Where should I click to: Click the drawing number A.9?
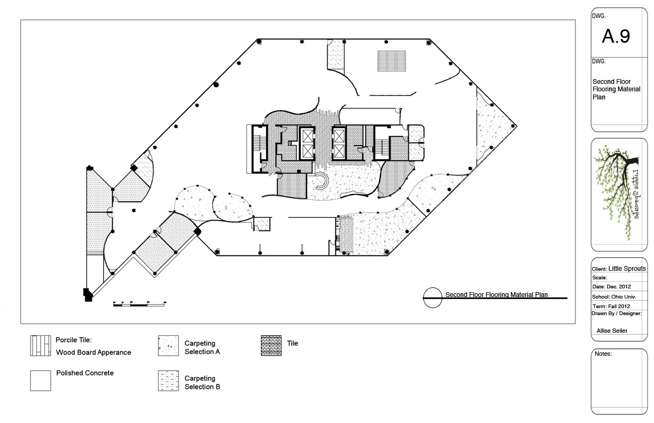coord(616,36)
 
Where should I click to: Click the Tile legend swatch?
coord(271,346)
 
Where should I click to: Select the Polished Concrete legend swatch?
coord(41,381)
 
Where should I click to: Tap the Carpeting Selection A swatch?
coord(168,346)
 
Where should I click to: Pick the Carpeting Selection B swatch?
coord(168,381)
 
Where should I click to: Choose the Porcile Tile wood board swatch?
coord(41,346)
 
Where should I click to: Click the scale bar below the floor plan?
coord(139,304)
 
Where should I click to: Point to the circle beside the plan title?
coord(433,297)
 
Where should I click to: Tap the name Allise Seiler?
coord(612,331)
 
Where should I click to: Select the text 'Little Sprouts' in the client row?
coord(627,269)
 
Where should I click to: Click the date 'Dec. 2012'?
coord(620,287)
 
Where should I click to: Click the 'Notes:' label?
coord(603,354)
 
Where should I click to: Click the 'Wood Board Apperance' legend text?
coord(94,352)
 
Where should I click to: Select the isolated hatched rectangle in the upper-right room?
coord(392,61)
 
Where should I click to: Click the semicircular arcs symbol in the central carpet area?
coord(322,181)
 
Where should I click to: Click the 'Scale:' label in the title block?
coord(599,278)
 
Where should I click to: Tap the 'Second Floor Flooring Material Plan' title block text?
coord(617,89)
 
